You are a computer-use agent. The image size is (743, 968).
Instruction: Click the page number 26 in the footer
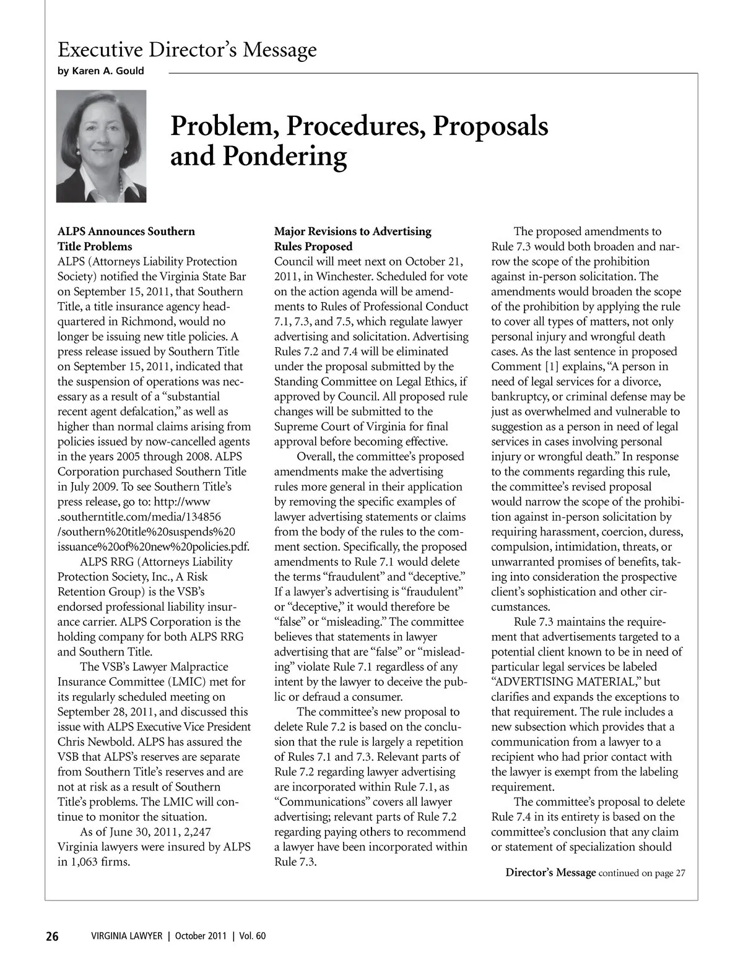pos(52,936)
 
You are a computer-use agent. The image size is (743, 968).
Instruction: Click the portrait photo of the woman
pos(102,146)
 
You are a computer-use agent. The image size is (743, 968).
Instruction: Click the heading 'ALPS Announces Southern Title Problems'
pos(126,238)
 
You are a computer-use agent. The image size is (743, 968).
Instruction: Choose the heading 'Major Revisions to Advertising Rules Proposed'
pos(352,238)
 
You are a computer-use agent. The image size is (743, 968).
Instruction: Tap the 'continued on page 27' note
pos(642,873)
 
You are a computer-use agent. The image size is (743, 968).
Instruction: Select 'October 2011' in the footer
pos(199,936)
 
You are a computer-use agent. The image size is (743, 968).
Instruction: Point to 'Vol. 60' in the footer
pos(252,936)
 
